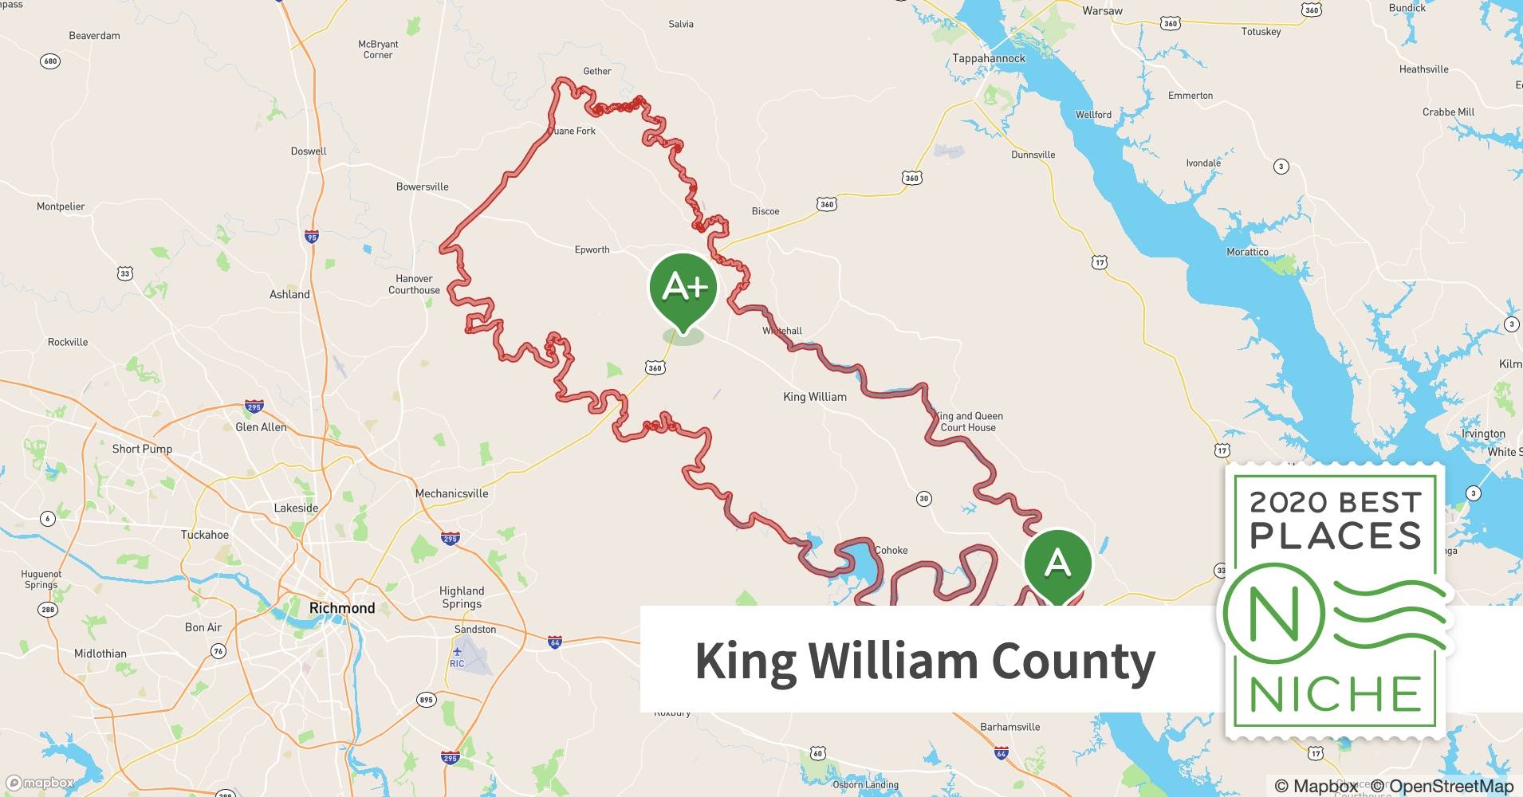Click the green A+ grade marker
click(683, 287)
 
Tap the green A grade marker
click(1057, 563)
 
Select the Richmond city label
click(342, 608)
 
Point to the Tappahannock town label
click(989, 58)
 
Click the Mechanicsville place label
click(451, 493)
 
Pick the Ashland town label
click(289, 294)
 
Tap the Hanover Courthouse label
click(414, 285)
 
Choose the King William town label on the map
click(815, 397)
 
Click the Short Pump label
click(142, 449)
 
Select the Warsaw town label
click(1102, 11)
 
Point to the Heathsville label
click(1423, 69)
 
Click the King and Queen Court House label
click(968, 422)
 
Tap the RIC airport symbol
click(457, 653)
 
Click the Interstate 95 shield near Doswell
click(312, 237)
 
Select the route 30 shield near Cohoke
click(923, 499)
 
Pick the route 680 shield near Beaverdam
click(50, 61)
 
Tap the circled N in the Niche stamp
click(1273, 614)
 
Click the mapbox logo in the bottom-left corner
click(40, 783)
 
